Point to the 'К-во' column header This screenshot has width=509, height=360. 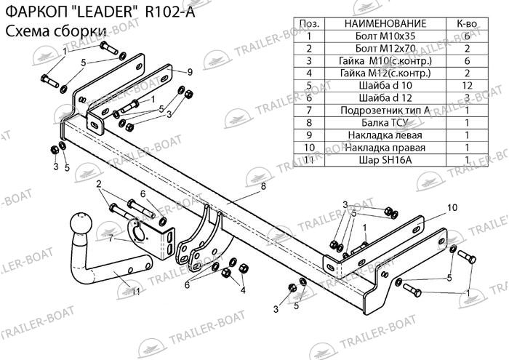pyautogui.click(x=466, y=23)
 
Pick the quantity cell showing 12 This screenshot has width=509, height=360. pyautogui.click(x=466, y=85)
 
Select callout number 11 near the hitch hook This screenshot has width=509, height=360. pyautogui.click(x=135, y=292)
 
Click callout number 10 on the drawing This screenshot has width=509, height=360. pyautogui.click(x=452, y=207)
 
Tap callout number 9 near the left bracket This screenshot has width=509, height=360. pyautogui.click(x=189, y=71)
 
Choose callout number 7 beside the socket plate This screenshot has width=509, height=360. pyautogui.click(x=111, y=238)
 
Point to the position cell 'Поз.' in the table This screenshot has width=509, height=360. pyautogui.click(x=309, y=23)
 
